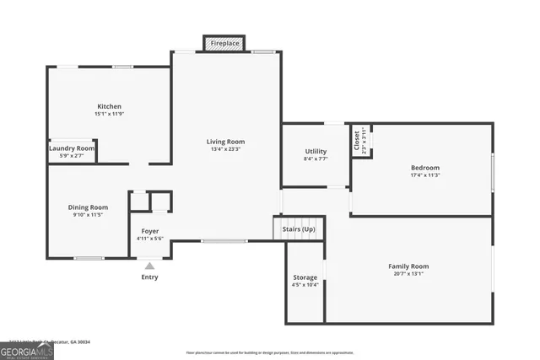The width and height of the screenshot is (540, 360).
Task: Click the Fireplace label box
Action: tap(225, 42)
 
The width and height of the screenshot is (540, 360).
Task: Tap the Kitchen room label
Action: tap(109, 106)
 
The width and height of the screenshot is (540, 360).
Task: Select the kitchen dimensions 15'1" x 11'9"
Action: tap(109, 114)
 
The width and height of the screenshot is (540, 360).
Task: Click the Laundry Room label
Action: tap(72, 148)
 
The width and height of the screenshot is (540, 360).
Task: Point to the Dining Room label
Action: tap(88, 207)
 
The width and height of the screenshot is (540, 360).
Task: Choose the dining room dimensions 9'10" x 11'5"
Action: tap(88, 215)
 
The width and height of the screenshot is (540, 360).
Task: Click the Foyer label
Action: tap(149, 231)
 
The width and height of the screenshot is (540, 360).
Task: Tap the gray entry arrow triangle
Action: tap(149, 266)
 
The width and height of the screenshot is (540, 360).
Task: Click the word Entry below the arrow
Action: tap(149, 277)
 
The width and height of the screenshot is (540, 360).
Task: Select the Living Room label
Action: tap(225, 141)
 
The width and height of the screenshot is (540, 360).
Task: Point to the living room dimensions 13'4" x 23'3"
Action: tap(225, 149)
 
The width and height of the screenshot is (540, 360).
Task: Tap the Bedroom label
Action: tap(424, 167)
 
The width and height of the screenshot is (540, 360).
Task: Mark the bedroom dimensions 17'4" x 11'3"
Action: tap(424, 175)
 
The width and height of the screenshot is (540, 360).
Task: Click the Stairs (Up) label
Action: tap(299, 229)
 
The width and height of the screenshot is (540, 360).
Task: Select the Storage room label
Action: tap(305, 277)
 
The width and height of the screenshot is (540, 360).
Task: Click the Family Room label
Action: tap(409, 266)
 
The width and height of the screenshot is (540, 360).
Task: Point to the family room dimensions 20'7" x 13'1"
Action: tap(409, 274)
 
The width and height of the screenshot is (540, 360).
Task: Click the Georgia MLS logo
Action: tap(27, 351)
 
